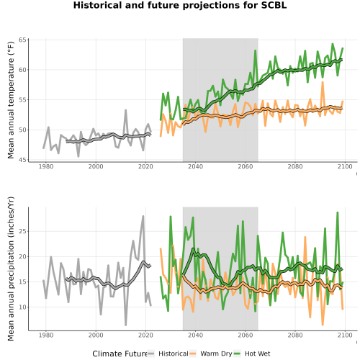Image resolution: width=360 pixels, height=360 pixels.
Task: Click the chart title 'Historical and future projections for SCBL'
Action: pos(180,5)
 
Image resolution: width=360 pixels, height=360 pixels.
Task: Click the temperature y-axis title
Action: pos(11,100)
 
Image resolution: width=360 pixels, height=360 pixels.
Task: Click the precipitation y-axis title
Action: pos(11,269)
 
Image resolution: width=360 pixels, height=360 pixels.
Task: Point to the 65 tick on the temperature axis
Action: pos(22,40)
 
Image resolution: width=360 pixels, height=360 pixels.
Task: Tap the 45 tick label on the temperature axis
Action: pos(22,160)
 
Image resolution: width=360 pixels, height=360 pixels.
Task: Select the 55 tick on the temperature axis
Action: pos(22,100)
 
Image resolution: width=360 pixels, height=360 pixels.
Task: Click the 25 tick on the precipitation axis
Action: pos(22,231)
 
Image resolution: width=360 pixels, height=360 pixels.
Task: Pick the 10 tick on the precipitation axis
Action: pos(22,307)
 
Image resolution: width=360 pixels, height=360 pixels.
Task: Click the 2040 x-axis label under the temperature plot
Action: pos(195,166)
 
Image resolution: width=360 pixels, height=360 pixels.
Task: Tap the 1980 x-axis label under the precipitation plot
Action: pos(46,335)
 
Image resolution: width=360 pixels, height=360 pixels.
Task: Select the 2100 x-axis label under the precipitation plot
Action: pos(345,335)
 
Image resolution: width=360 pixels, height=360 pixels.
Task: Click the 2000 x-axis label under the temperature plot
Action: pos(96,166)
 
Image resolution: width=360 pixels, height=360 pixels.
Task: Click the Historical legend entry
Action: pos(168,354)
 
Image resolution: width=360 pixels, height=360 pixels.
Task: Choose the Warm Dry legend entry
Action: pos(211,354)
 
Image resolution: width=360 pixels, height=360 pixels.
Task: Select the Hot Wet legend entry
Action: pos(252,354)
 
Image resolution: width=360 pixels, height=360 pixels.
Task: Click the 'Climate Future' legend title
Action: pos(120,354)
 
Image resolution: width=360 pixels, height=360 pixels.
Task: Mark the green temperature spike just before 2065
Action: pos(256,50)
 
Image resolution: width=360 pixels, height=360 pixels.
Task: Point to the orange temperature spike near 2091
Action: pos(323,82)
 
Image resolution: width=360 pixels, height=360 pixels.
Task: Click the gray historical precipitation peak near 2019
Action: pos(143,216)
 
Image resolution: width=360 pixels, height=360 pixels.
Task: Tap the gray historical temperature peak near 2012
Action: pos(125,110)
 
